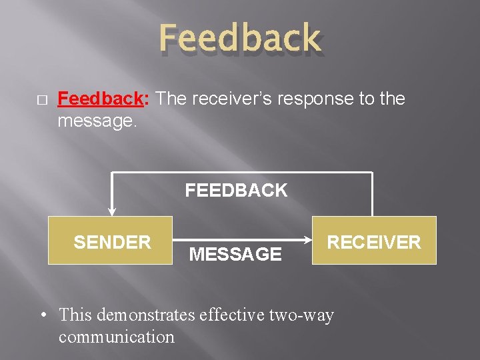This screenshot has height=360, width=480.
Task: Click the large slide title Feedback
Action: (x=240, y=38)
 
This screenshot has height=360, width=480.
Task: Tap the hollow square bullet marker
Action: (x=41, y=100)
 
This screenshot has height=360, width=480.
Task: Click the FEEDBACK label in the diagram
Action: (x=236, y=191)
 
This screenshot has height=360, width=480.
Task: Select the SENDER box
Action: (x=111, y=241)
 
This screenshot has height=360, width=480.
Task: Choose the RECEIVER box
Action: (x=374, y=241)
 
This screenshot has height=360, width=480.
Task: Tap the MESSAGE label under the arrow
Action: (x=235, y=254)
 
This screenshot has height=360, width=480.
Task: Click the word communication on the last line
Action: (x=117, y=337)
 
